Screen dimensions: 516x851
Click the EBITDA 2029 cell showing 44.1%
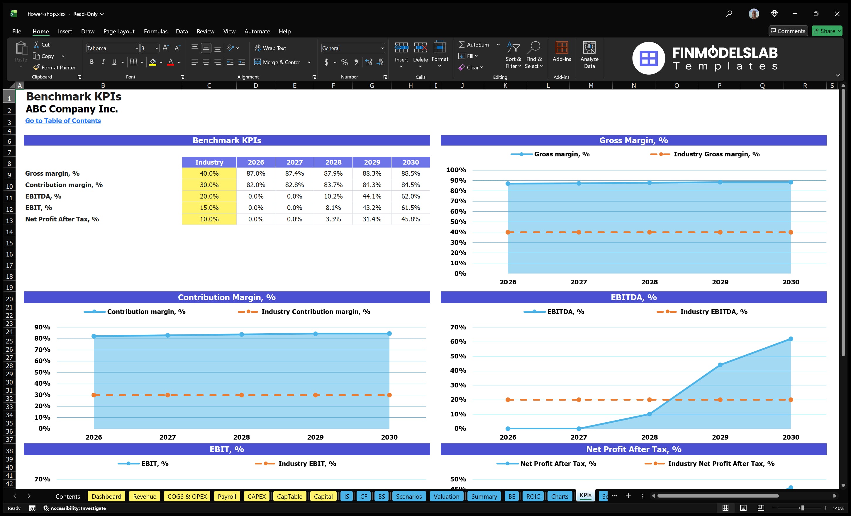click(x=372, y=196)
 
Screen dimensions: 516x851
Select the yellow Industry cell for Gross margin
click(x=209, y=173)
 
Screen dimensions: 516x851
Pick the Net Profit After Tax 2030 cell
click(x=410, y=219)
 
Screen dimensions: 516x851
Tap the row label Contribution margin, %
click(x=64, y=185)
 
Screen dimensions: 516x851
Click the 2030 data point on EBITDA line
click(x=791, y=339)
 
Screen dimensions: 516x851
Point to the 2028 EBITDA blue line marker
click(x=649, y=414)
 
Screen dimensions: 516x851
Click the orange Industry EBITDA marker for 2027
click(x=579, y=400)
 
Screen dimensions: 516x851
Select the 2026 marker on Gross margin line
click(x=508, y=184)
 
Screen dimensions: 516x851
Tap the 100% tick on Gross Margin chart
click(x=456, y=170)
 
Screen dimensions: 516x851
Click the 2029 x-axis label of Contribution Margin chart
click(x=315, y=437)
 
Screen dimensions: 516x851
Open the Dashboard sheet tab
click(x=106, y=496)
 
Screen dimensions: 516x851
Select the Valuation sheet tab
click(x=446, y=496)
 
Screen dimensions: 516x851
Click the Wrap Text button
click(x=270, y=48)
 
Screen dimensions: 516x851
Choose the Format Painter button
click(x=55, y=68)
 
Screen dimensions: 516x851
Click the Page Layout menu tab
click(x=119, y=31)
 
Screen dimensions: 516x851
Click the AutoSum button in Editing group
click(x=474, y=45)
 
